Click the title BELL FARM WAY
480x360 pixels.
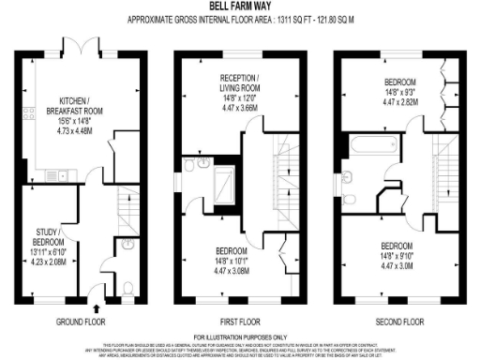point(240,6)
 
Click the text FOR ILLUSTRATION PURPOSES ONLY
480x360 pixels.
point(240,337)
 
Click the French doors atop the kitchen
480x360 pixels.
point(90,46)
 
